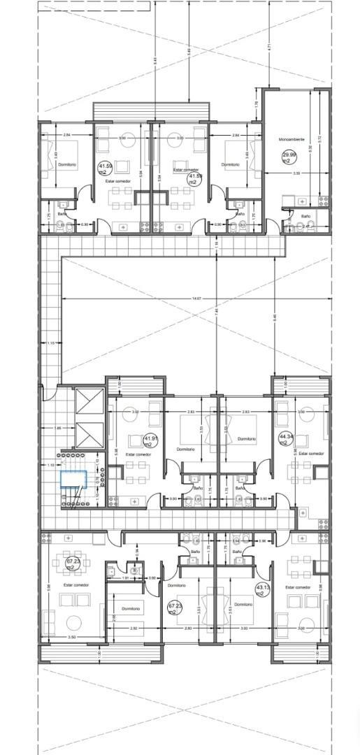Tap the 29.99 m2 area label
tap(287, 157)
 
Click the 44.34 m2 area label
tap(285, 439)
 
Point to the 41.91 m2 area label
tap(150, 441)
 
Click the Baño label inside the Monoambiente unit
tap(305, 217)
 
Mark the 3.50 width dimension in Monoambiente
tap(296, 173)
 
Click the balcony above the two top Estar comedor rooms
tap(151, 111)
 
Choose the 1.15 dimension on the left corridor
tap(50, 343)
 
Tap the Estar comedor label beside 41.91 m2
tap(138, 454)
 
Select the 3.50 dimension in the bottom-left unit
tap(71, 637)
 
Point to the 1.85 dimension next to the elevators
tap(58, 427)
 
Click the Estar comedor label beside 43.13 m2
tap(298, 587)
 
